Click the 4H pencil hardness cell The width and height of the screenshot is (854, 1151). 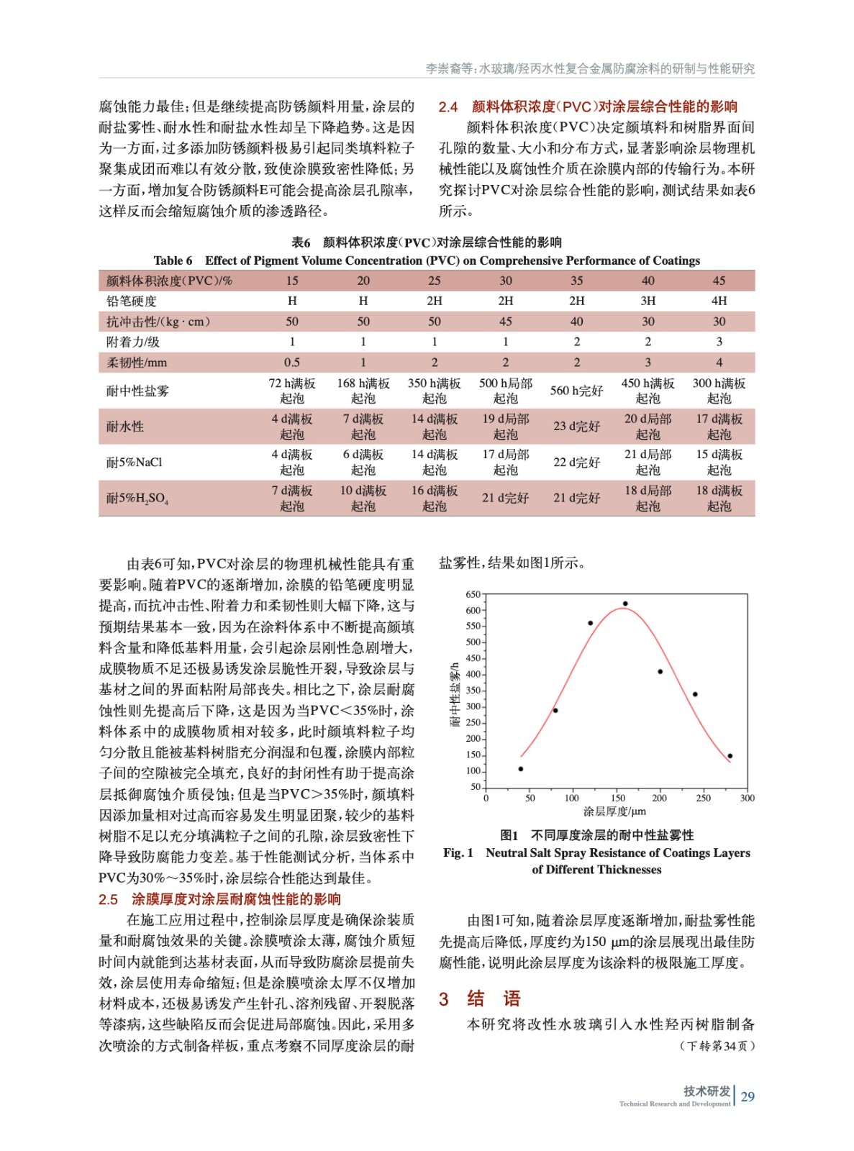719,301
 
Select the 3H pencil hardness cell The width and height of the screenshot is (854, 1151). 648,301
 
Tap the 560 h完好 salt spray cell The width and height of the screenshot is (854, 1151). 576,391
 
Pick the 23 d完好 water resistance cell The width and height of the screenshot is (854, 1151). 576,426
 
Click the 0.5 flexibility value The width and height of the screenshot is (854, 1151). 292,363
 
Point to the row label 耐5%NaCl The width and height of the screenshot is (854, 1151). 135,462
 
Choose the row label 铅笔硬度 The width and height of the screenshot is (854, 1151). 132,301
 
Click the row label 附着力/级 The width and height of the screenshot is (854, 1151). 133,342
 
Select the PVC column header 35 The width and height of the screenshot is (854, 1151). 576,281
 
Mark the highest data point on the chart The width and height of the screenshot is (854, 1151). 625,604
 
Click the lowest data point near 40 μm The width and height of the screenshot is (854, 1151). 521,769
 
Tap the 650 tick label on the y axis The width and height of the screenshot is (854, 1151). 473,594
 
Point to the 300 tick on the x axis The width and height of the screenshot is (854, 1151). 748,798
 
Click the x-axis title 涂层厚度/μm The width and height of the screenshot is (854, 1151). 614,811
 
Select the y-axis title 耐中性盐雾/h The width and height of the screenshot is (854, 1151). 455,694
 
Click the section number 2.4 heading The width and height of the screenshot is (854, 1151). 448,106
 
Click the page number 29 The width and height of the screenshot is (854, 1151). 748,1096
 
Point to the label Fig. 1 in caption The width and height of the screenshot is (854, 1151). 458,852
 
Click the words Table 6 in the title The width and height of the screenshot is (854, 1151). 173,260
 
